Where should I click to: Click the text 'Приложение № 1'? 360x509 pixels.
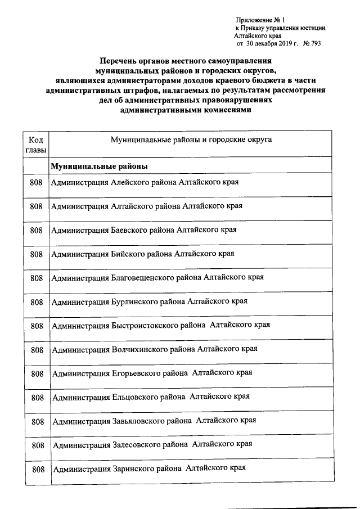(261, 20)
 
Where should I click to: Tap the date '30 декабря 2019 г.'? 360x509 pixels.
(273, 43)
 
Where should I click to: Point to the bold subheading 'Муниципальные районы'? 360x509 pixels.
(100, 167)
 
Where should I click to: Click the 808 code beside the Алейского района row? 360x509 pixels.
(37, 183)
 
